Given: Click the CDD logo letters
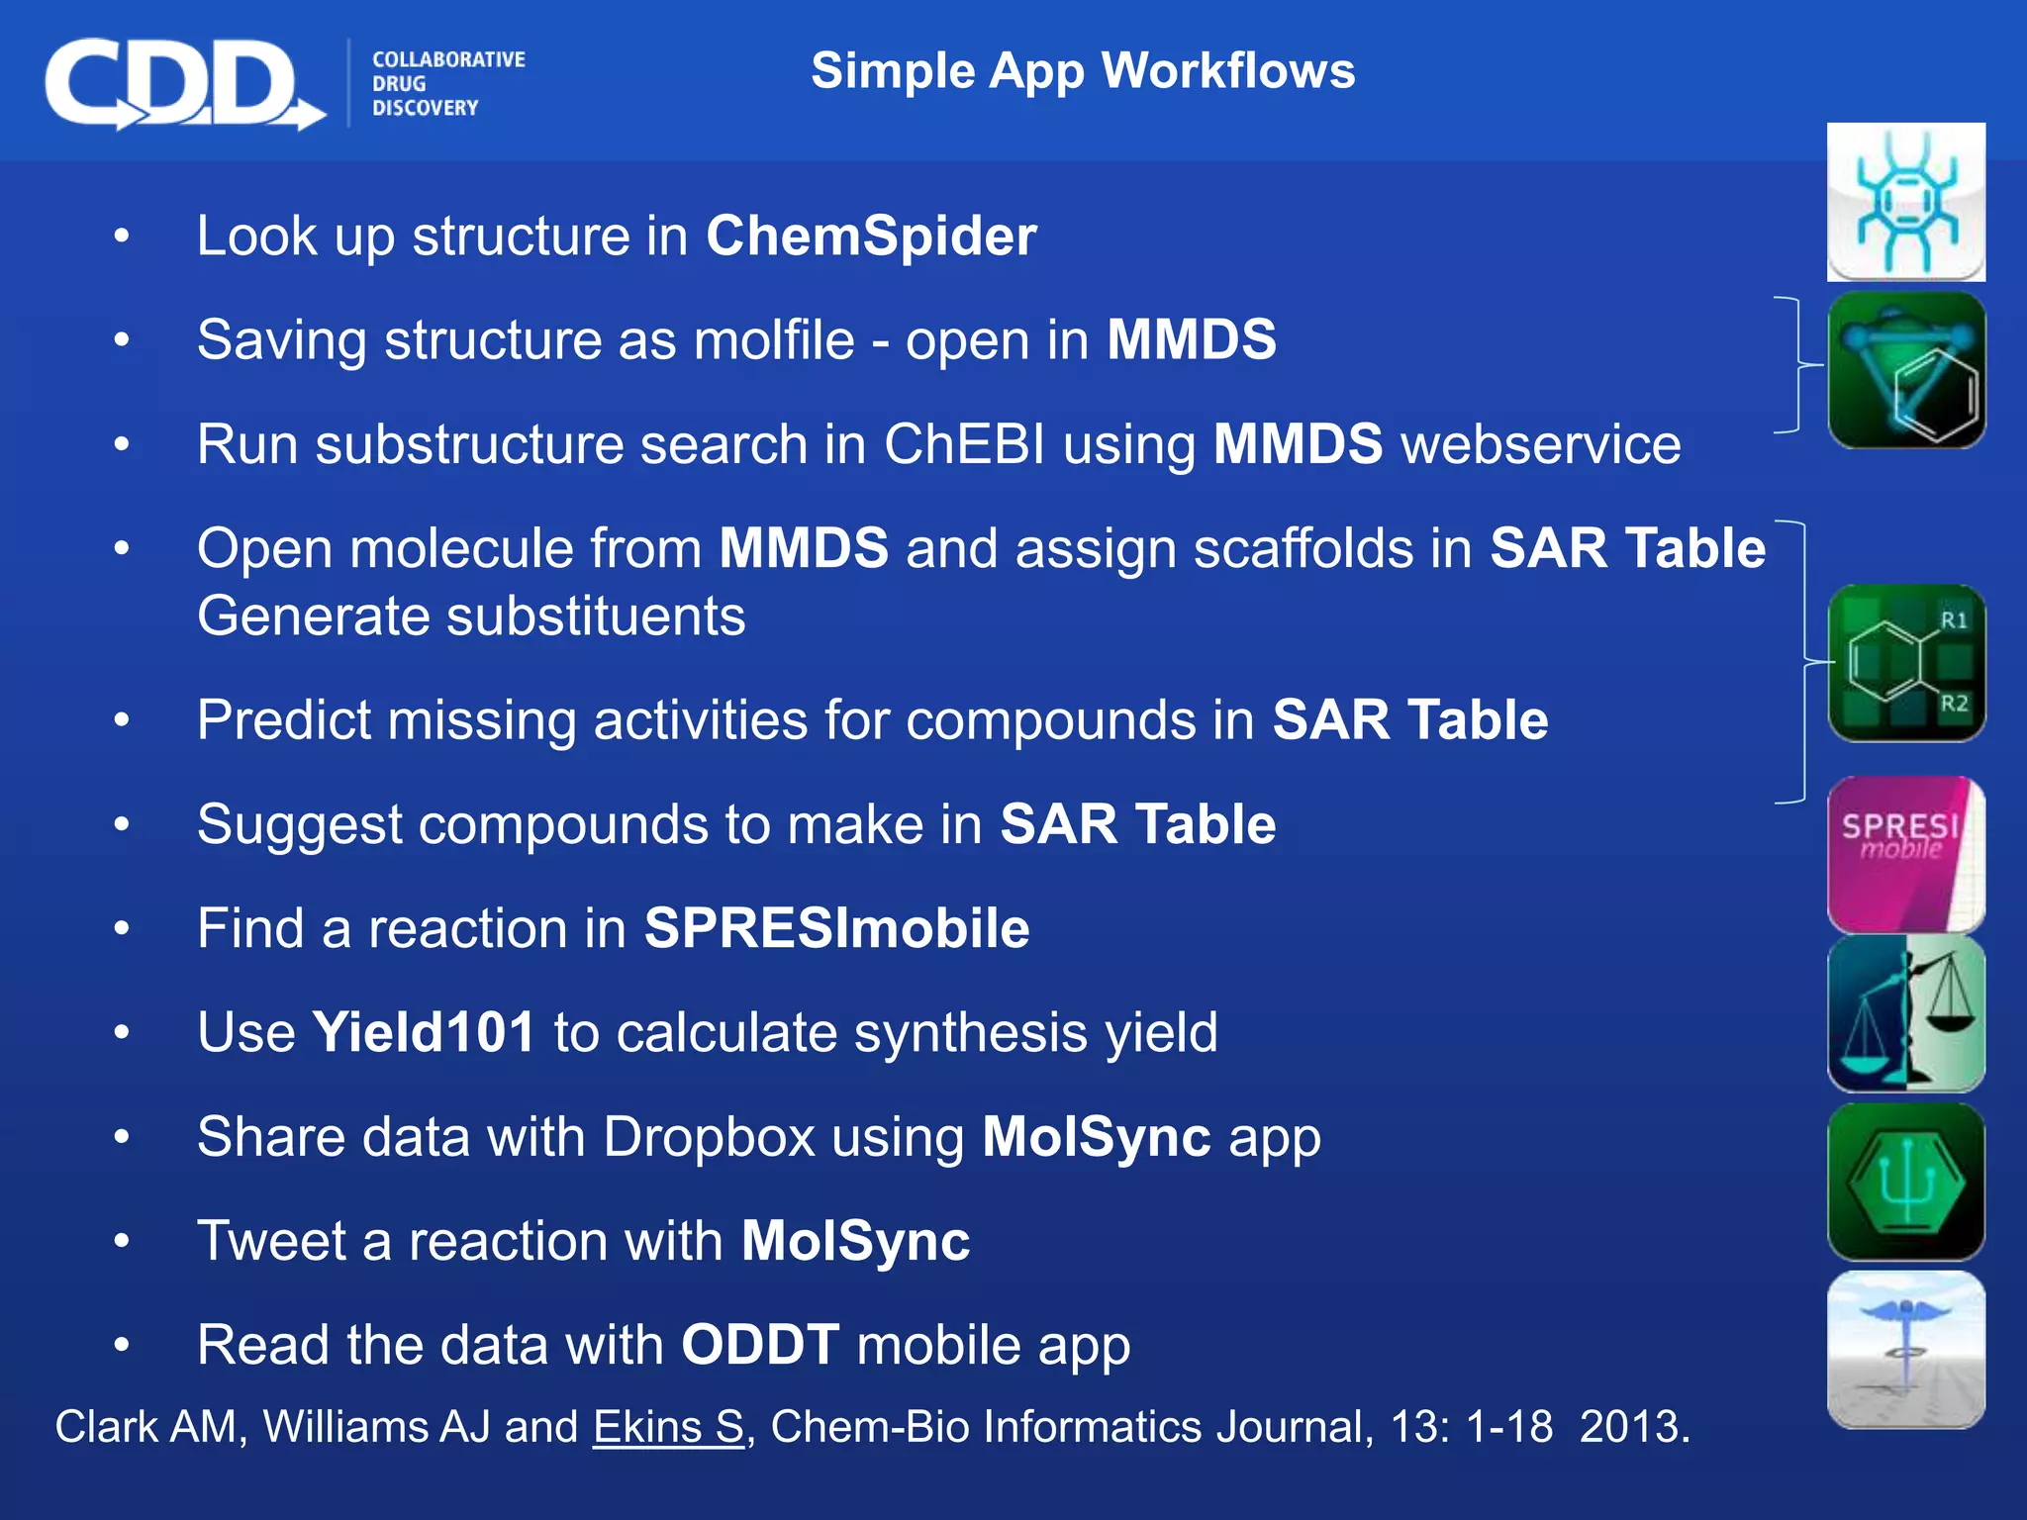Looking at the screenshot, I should (173, 83).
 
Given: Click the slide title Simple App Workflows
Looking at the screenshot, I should (1083, 71).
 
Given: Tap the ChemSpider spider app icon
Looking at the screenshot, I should (1905, 202).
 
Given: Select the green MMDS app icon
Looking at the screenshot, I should (1905, 370).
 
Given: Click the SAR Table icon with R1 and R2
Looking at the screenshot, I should (1905, 663).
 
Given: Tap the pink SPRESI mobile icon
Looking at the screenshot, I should (1905, 854).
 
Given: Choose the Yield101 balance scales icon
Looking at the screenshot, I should (1905, 1013).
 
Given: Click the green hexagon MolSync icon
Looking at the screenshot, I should (1905, 1182).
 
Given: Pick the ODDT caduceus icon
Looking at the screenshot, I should (1905, 1350).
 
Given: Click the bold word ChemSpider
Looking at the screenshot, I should (871, 237).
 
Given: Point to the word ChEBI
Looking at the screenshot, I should (964, 444).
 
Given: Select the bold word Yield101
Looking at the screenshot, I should (424, 1032).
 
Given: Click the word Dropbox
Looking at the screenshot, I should (709, 1137).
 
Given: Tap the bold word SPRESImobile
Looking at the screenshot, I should (836, 928).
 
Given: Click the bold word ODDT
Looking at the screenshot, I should (760, 1345).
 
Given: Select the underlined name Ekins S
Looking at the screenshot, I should (668, 1427).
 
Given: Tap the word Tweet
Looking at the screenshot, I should (271, 1241).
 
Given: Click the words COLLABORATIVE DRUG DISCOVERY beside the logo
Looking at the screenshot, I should (447, 84).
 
